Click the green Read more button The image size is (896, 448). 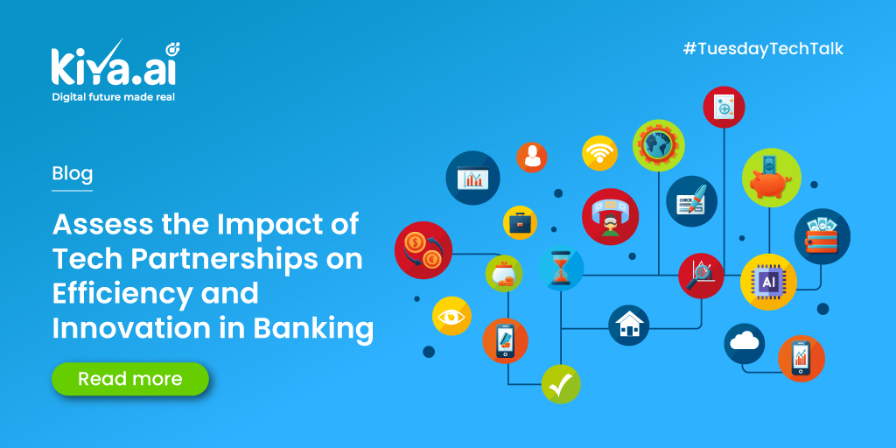click(130, 379)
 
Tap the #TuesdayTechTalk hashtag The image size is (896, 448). click(762, 48)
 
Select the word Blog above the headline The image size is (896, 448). click(72, 173)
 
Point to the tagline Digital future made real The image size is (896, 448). click(113, 97)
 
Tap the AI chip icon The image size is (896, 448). click(769, 282)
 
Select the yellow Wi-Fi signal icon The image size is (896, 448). click(599, 153)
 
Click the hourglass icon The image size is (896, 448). click(560, 269)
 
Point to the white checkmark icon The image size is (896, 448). click(561, 383)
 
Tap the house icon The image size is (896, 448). click(628, 325)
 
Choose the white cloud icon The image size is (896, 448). click(745, 343)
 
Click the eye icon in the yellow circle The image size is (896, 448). click(451, 317)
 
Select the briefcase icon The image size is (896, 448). click(520, 222)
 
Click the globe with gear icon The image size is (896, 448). click(658, 144)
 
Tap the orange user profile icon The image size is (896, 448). click(531, 157)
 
